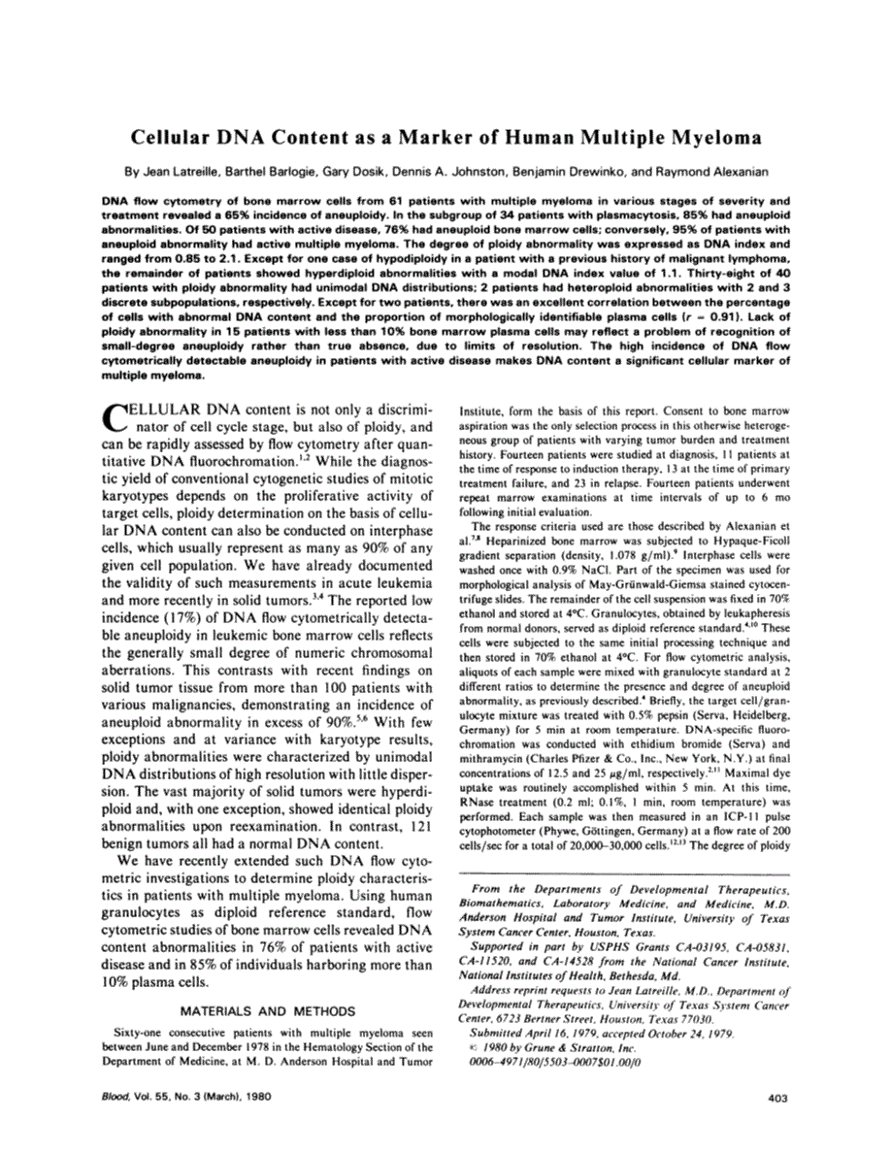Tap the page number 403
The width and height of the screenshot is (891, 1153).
point(775,1098)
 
